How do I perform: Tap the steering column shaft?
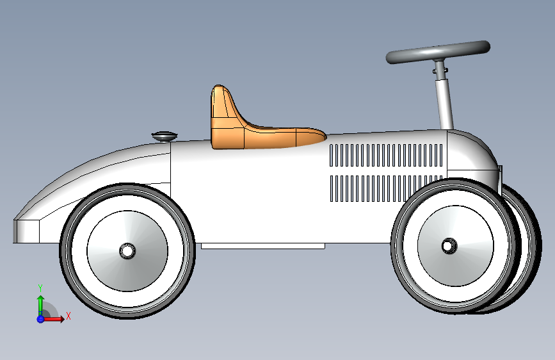point(445,102)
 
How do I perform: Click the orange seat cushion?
point(283,136)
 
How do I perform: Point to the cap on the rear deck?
point(165,136)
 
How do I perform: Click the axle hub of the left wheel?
point(127,251)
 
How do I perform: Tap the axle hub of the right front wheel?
point(449,246)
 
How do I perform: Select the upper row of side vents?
point(386,155)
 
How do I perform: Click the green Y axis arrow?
point(40,305)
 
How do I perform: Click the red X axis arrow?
point(53,319)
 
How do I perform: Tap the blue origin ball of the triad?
point(40,319)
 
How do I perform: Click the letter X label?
point(68,316)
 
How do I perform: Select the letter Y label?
point(40,288)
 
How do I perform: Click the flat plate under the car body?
point(263,246)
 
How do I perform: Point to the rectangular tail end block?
point(26,231)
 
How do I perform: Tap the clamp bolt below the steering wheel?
point(440,70)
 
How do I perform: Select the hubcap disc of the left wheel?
point(127,251)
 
